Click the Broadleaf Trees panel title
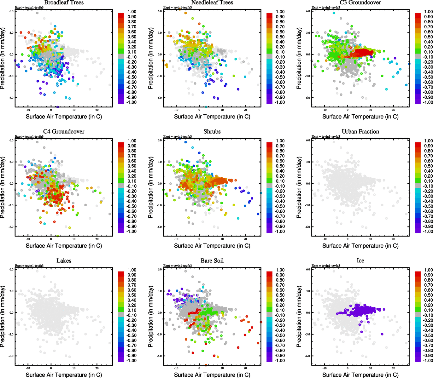[64, 3]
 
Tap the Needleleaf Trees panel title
[212, 3]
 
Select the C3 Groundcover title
[360, 3]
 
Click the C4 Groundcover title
[64, 131]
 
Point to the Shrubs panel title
[212, 131]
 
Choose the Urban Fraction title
[360, 131]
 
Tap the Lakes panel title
[64, 261]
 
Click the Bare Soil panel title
[212, 261]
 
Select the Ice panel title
[360, 261]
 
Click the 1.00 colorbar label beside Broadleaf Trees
[132, 12]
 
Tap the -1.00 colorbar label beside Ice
[428, 361]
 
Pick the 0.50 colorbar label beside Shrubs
[280, 166]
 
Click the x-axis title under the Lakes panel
[64, 375]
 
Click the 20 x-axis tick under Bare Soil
[245, 368]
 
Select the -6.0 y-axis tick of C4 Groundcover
[11, 227]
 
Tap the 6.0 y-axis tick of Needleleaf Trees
[160, 11]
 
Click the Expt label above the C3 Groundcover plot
[326, 7]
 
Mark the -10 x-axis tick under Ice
[325, 368]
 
